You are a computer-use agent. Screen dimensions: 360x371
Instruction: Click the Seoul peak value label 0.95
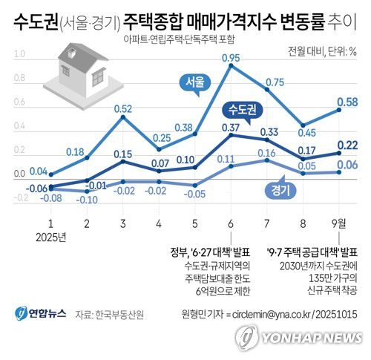click(x=230, y=57)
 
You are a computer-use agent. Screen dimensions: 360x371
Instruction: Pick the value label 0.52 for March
click(x=122, y=109)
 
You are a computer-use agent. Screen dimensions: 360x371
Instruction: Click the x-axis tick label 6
click(x=230, y=224)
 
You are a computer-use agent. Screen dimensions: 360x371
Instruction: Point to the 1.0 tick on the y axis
click(x=19, y=54)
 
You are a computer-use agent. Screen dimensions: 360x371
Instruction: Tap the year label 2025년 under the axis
click(x=50, y=237)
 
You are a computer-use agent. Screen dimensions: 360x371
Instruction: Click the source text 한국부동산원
click(x=119, y=314)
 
